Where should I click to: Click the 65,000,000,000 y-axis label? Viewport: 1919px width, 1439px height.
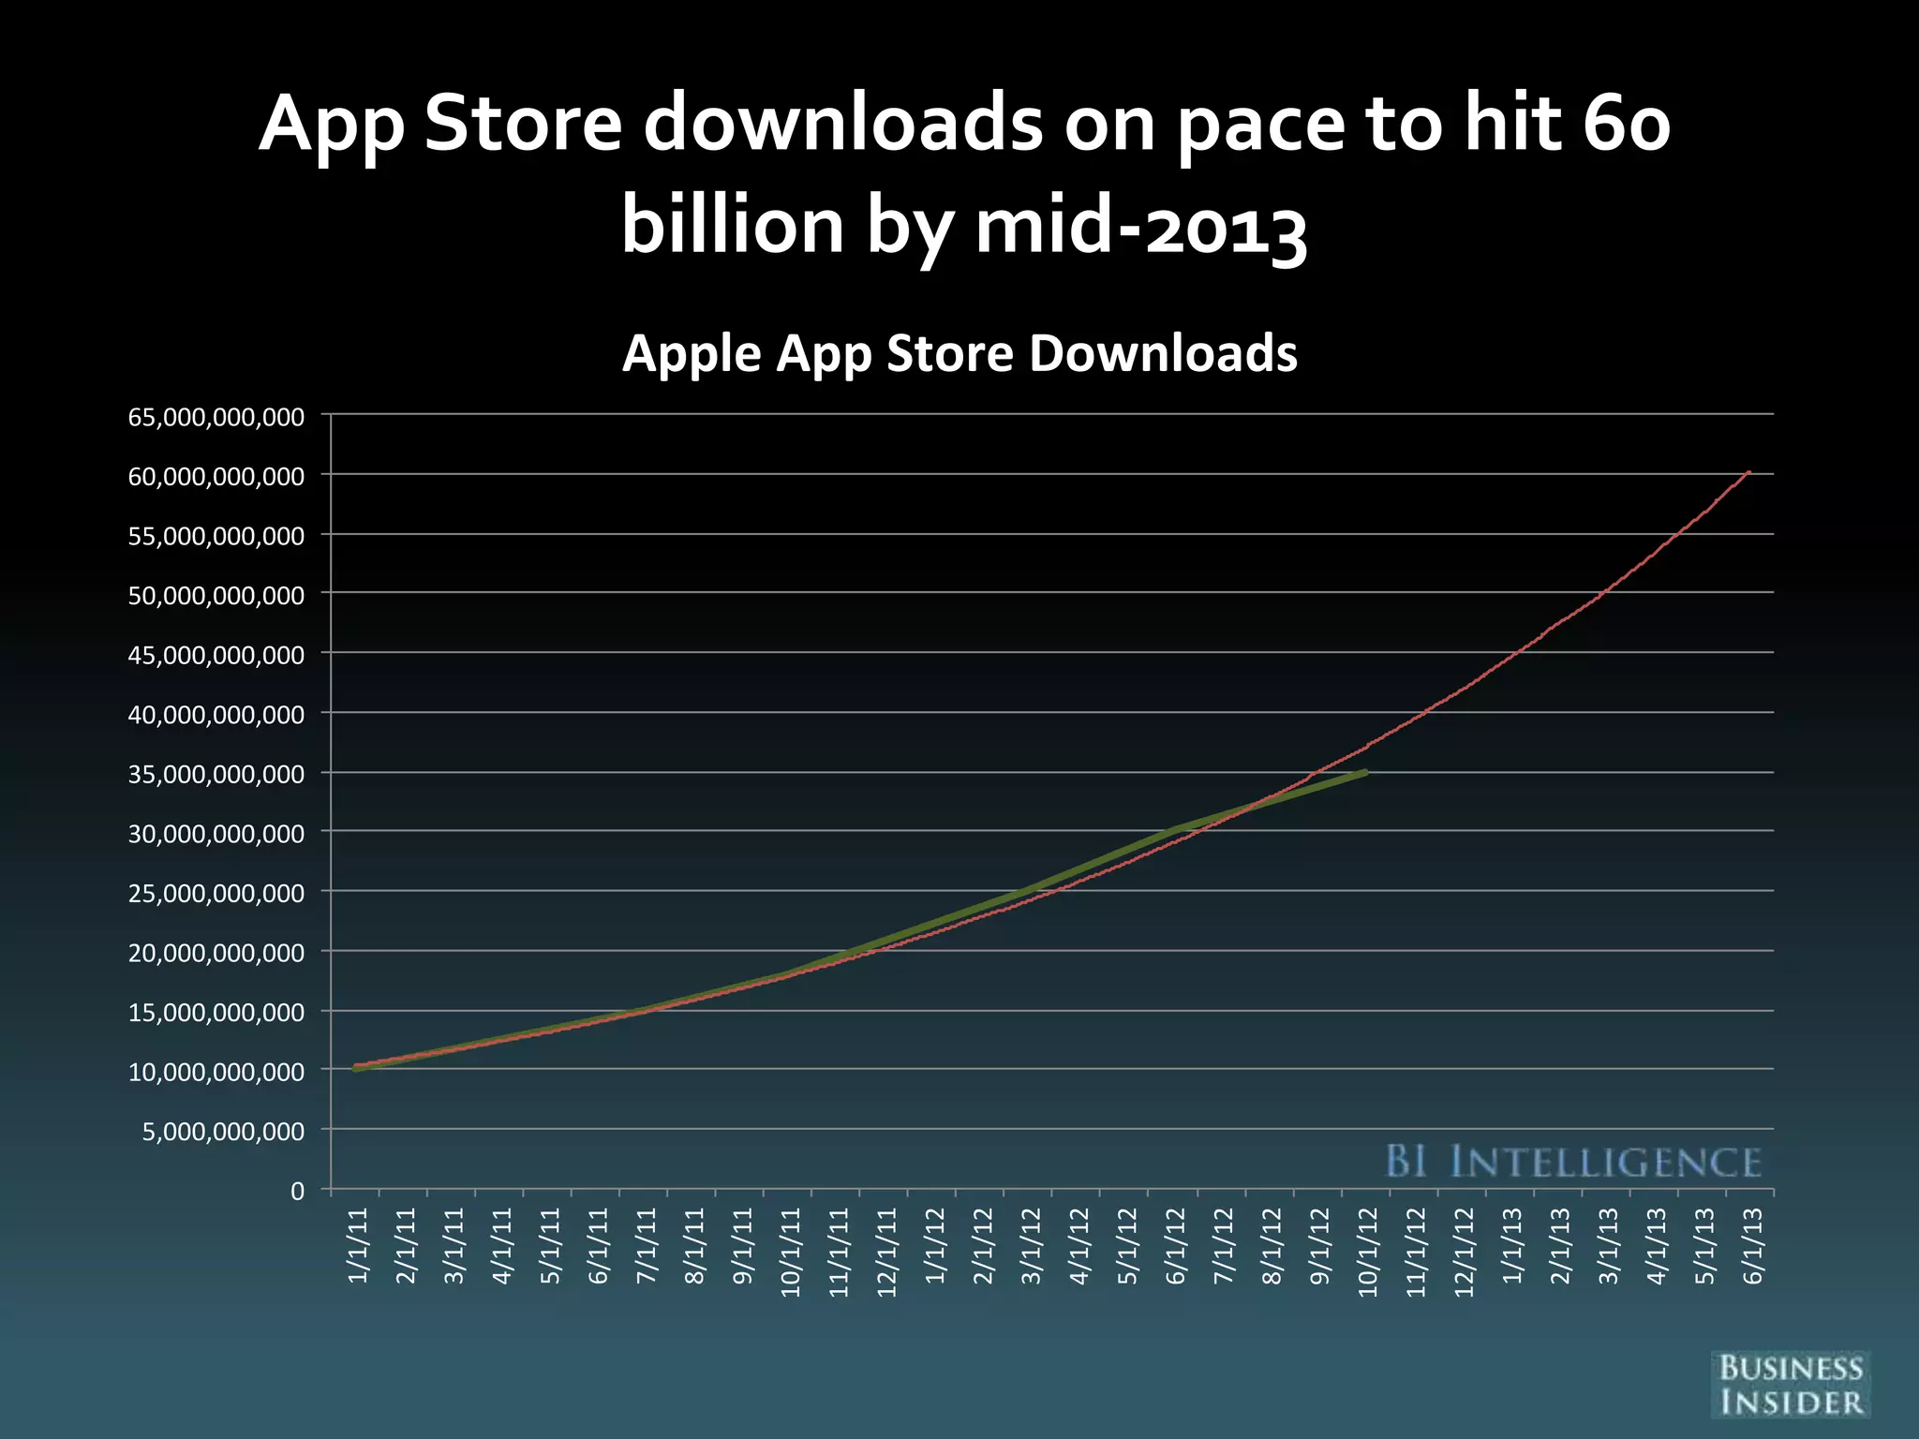(216, 417)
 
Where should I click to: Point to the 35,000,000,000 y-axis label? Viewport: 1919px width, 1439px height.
(216, 774)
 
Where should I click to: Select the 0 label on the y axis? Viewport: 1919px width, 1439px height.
(297, 1191)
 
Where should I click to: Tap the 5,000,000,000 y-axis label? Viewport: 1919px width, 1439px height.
(223, 1131)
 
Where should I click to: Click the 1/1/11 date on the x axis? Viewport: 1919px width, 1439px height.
(358, 1245)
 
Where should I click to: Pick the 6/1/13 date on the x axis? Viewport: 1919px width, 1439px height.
(1752, 1245)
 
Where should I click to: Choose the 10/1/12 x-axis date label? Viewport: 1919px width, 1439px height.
(1367, 1252)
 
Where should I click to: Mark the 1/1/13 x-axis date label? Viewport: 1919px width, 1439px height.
(1511, 1245)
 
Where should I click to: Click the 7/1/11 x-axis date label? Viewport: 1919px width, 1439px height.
(647, 1245)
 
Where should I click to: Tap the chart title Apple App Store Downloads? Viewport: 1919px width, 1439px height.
(959, 353)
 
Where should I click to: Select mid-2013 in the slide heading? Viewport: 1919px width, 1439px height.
(1140, 228)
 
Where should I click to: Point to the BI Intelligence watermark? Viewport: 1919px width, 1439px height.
(1573, 1163)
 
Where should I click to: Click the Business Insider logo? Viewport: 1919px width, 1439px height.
(1790, 1385)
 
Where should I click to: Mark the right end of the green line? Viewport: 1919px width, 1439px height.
(1366, 772)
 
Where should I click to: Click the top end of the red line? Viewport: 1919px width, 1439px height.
(1748, 472)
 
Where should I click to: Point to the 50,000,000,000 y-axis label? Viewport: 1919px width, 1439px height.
(216, 595)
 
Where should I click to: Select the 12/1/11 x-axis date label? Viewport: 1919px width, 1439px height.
(886, 1252)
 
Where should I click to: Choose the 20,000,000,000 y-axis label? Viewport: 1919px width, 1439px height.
(216, 953)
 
